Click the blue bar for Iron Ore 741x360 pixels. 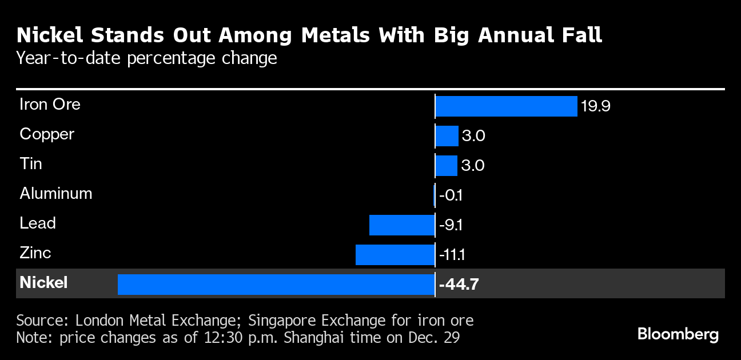(506, 106)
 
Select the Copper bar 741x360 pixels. (447, 136)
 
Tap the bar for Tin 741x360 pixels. (446, 166)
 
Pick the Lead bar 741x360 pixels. (402, 225)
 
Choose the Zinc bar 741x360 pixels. (395, 255)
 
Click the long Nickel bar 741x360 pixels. (276, 284)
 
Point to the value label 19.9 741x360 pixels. (595, 106)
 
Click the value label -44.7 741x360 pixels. (459, 284)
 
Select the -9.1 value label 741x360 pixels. (451, 225)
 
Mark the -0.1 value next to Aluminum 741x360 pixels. (451, 195)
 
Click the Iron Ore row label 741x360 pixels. (50, 105)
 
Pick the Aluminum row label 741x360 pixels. (55, 194)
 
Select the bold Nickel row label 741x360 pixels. (43, 282)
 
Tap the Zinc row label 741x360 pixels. (35, 253)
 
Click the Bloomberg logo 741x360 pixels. (678, 334)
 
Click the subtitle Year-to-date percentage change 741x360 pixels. (147, 58)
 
